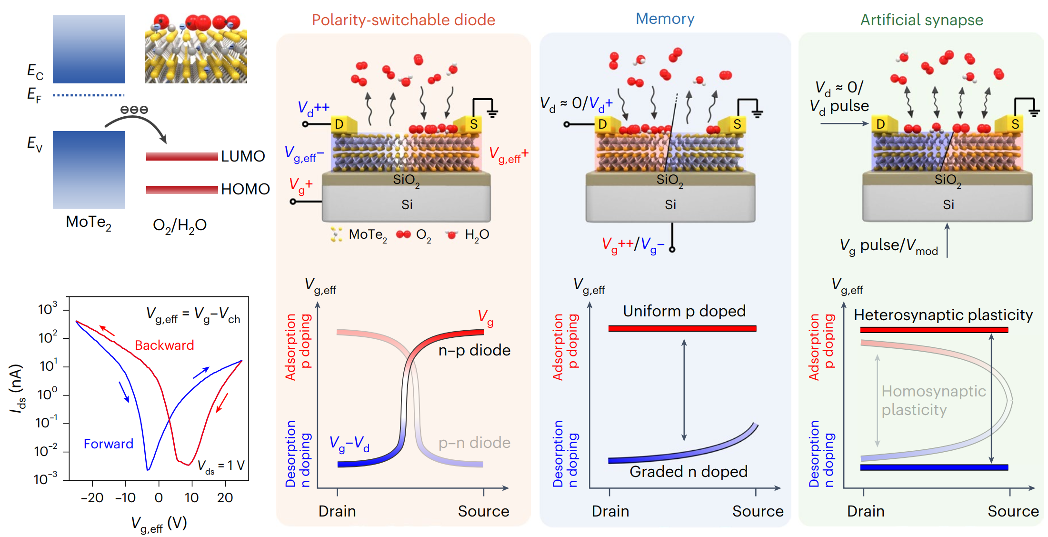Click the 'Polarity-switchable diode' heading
point(403,20)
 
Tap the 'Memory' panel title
point(665,19)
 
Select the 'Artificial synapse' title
point(921,20)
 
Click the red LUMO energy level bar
point(181,156)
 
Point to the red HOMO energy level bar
point(181,190)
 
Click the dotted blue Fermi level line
point(89,95)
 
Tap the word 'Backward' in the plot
point(164,345)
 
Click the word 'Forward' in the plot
point(109,444)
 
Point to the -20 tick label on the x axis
point(92,498)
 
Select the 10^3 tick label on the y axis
point(48,309)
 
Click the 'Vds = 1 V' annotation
point(221,466)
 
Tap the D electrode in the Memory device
point(602,124)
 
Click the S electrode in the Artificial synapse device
point(1015,124)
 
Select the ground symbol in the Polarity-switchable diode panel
point(492,112)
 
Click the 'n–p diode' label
point(474,350)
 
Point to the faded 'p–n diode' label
point(474,443)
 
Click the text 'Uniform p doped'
point(684,311)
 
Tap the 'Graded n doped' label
point(689,472)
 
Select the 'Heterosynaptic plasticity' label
point(943,315)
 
